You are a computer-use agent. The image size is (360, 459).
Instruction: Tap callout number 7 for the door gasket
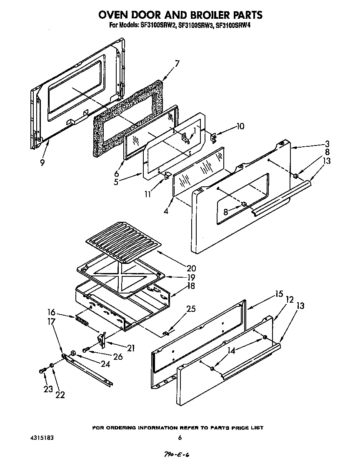click(177, 64)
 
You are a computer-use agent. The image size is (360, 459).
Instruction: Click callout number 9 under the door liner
click(42, 163)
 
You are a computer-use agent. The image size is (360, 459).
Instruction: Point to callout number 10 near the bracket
click(240, 126)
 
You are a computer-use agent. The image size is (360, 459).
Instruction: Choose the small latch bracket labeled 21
click(101, 340)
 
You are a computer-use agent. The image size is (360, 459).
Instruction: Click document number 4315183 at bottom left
click(42, 438)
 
